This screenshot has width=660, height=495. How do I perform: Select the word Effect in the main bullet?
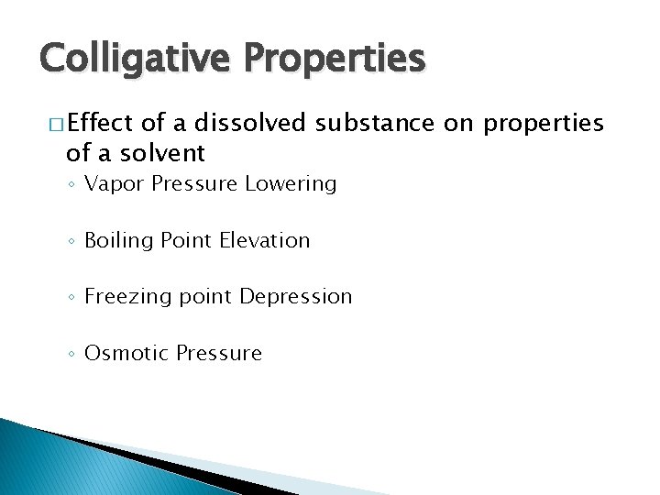tap(100, 123)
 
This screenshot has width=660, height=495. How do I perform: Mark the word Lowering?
tap(291, 184)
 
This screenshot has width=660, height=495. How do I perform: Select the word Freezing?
tap(125, 297)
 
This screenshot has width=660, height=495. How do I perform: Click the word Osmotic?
tap(120, 354)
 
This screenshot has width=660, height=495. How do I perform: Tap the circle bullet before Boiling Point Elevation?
tap(72, 242)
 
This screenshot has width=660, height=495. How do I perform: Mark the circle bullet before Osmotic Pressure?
tap(72, 355)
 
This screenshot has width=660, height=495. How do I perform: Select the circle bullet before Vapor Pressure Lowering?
tap(72, 185)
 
